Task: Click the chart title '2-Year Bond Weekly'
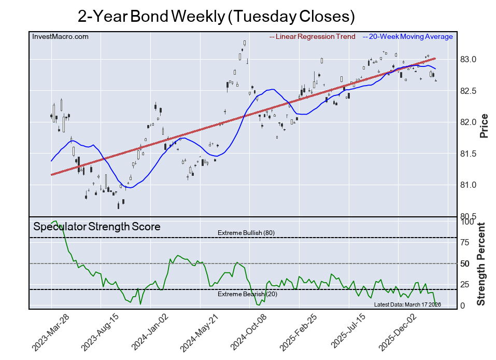pyautogui.click(x=216, y=16)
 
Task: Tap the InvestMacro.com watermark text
pyautogui.click(x=61, y=36)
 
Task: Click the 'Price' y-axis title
pyautogui.click(x=484, y=126)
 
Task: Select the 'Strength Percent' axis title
pyautogui.click(x=481, y=264)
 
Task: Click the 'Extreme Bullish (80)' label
pyautogui.click(x=246, y=233)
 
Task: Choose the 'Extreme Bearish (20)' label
pyautogui.click(x=246, y=294)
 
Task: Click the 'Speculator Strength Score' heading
pyautogui.click(x=97, y=227)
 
